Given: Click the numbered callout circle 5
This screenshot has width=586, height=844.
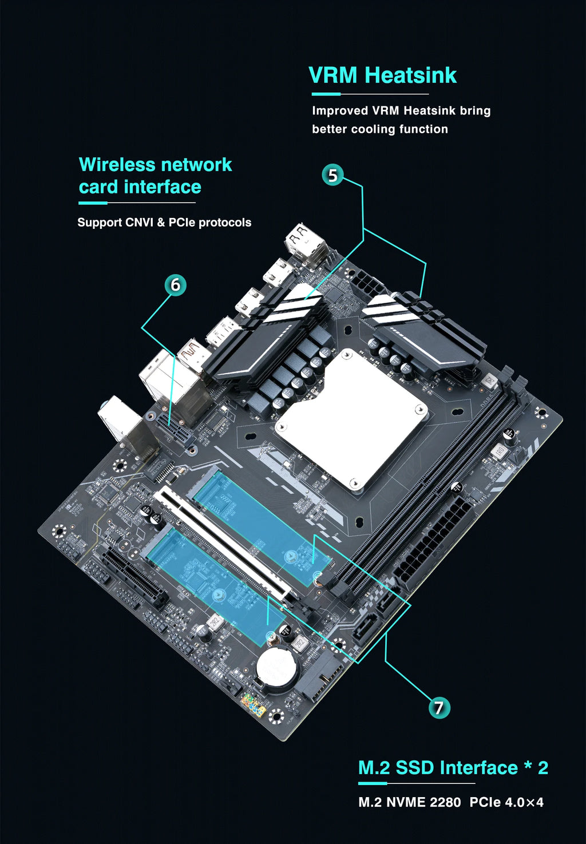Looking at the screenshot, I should pyautogui.click(x=333, y=175).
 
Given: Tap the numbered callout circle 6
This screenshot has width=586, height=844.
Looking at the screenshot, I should pyautogui.click(x=175, y=285).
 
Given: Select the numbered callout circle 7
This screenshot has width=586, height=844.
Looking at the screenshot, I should pyautogui.click(x=439, y=708).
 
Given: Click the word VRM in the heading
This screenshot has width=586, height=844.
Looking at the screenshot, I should pyautogui.click(x=333, y=76).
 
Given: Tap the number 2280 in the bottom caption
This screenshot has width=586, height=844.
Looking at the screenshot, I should pyautogui.click(x=445, y=802).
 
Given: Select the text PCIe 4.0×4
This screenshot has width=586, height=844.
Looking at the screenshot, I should pyautogui.click(x=506, y=802).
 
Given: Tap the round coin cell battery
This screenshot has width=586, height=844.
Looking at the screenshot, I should pyautogui.click(x=276, y=668).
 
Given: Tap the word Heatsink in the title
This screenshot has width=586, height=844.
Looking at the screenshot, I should pyautogui.click(x=411, y=76).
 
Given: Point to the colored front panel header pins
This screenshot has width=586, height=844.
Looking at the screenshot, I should pyautogui.click(x=253, y=706).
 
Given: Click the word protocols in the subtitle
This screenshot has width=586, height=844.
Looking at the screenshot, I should pyautogui.click(x=224, y=223).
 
